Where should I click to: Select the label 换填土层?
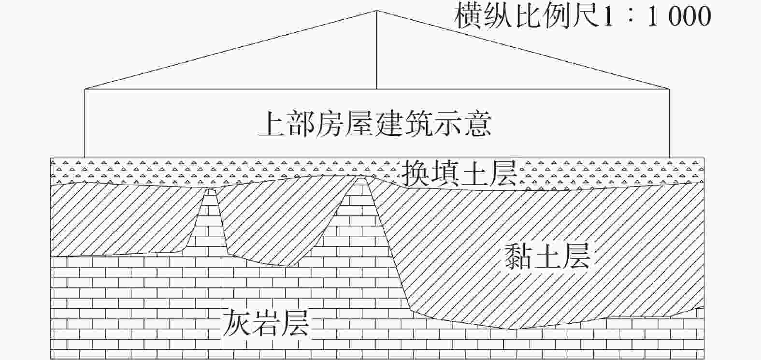point(459,173)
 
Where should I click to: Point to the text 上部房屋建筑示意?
point(374,124)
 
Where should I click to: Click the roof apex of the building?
point(376,11)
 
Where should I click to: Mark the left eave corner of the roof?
point(85,89)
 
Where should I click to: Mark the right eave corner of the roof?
point(669,89)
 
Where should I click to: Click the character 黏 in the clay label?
point(518,256)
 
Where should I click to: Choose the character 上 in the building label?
point(273,124)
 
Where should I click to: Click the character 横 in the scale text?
point(468,16)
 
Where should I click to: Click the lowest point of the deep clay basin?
point(512,329)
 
